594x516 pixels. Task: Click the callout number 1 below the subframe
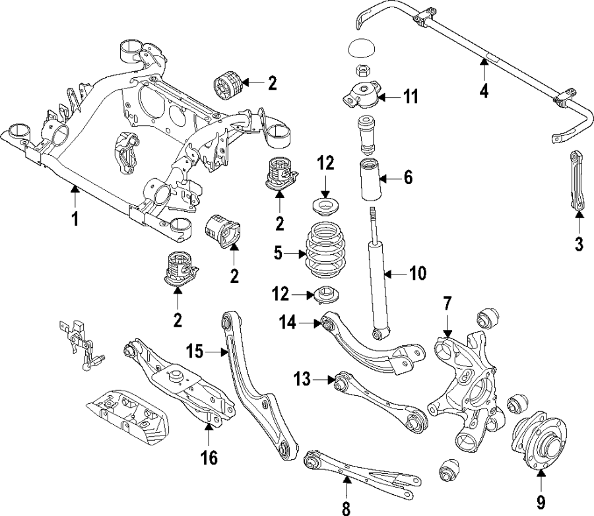75,218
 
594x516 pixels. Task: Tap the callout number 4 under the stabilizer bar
484,90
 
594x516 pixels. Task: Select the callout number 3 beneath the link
579,243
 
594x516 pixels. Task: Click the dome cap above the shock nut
362,50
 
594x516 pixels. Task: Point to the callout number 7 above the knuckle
447,305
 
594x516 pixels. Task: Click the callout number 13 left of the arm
301,379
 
